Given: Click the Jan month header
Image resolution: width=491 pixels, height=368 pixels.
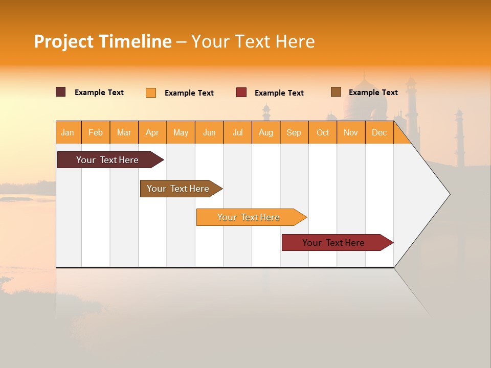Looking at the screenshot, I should point(68,132).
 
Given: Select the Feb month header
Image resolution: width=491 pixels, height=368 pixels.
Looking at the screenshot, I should point(96,132).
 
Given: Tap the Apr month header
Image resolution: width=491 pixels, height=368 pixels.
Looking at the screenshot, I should point(152,132).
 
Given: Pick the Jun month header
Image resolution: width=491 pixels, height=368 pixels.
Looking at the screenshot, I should point(209,132).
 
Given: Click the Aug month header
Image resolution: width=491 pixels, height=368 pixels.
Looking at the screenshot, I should point(266,132).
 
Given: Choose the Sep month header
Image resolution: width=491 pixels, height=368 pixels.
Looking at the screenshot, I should point(294,132).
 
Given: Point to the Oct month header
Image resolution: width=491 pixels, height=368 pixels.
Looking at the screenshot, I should point(323,132).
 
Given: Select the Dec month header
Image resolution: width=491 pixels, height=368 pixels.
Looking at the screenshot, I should point(380,132).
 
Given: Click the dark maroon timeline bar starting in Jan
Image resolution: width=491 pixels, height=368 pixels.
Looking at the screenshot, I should point(107,160).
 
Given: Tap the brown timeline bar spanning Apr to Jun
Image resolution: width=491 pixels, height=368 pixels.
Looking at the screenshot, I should point(178,189).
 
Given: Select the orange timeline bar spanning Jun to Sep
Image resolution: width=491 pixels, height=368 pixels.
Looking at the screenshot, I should point(249,217).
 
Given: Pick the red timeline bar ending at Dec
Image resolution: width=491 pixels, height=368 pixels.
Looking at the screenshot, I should point(333,243).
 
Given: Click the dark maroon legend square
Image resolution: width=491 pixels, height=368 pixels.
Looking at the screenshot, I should point(61,92).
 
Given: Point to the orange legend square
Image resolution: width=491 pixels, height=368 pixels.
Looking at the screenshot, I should point(151,93).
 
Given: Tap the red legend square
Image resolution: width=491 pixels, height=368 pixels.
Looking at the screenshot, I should point(241,93).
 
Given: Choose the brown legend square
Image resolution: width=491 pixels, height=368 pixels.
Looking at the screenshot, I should point(336,92).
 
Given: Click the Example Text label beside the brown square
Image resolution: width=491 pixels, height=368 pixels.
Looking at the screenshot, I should point(373,93).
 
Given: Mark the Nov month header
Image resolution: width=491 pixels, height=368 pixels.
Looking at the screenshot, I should point(351,132).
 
